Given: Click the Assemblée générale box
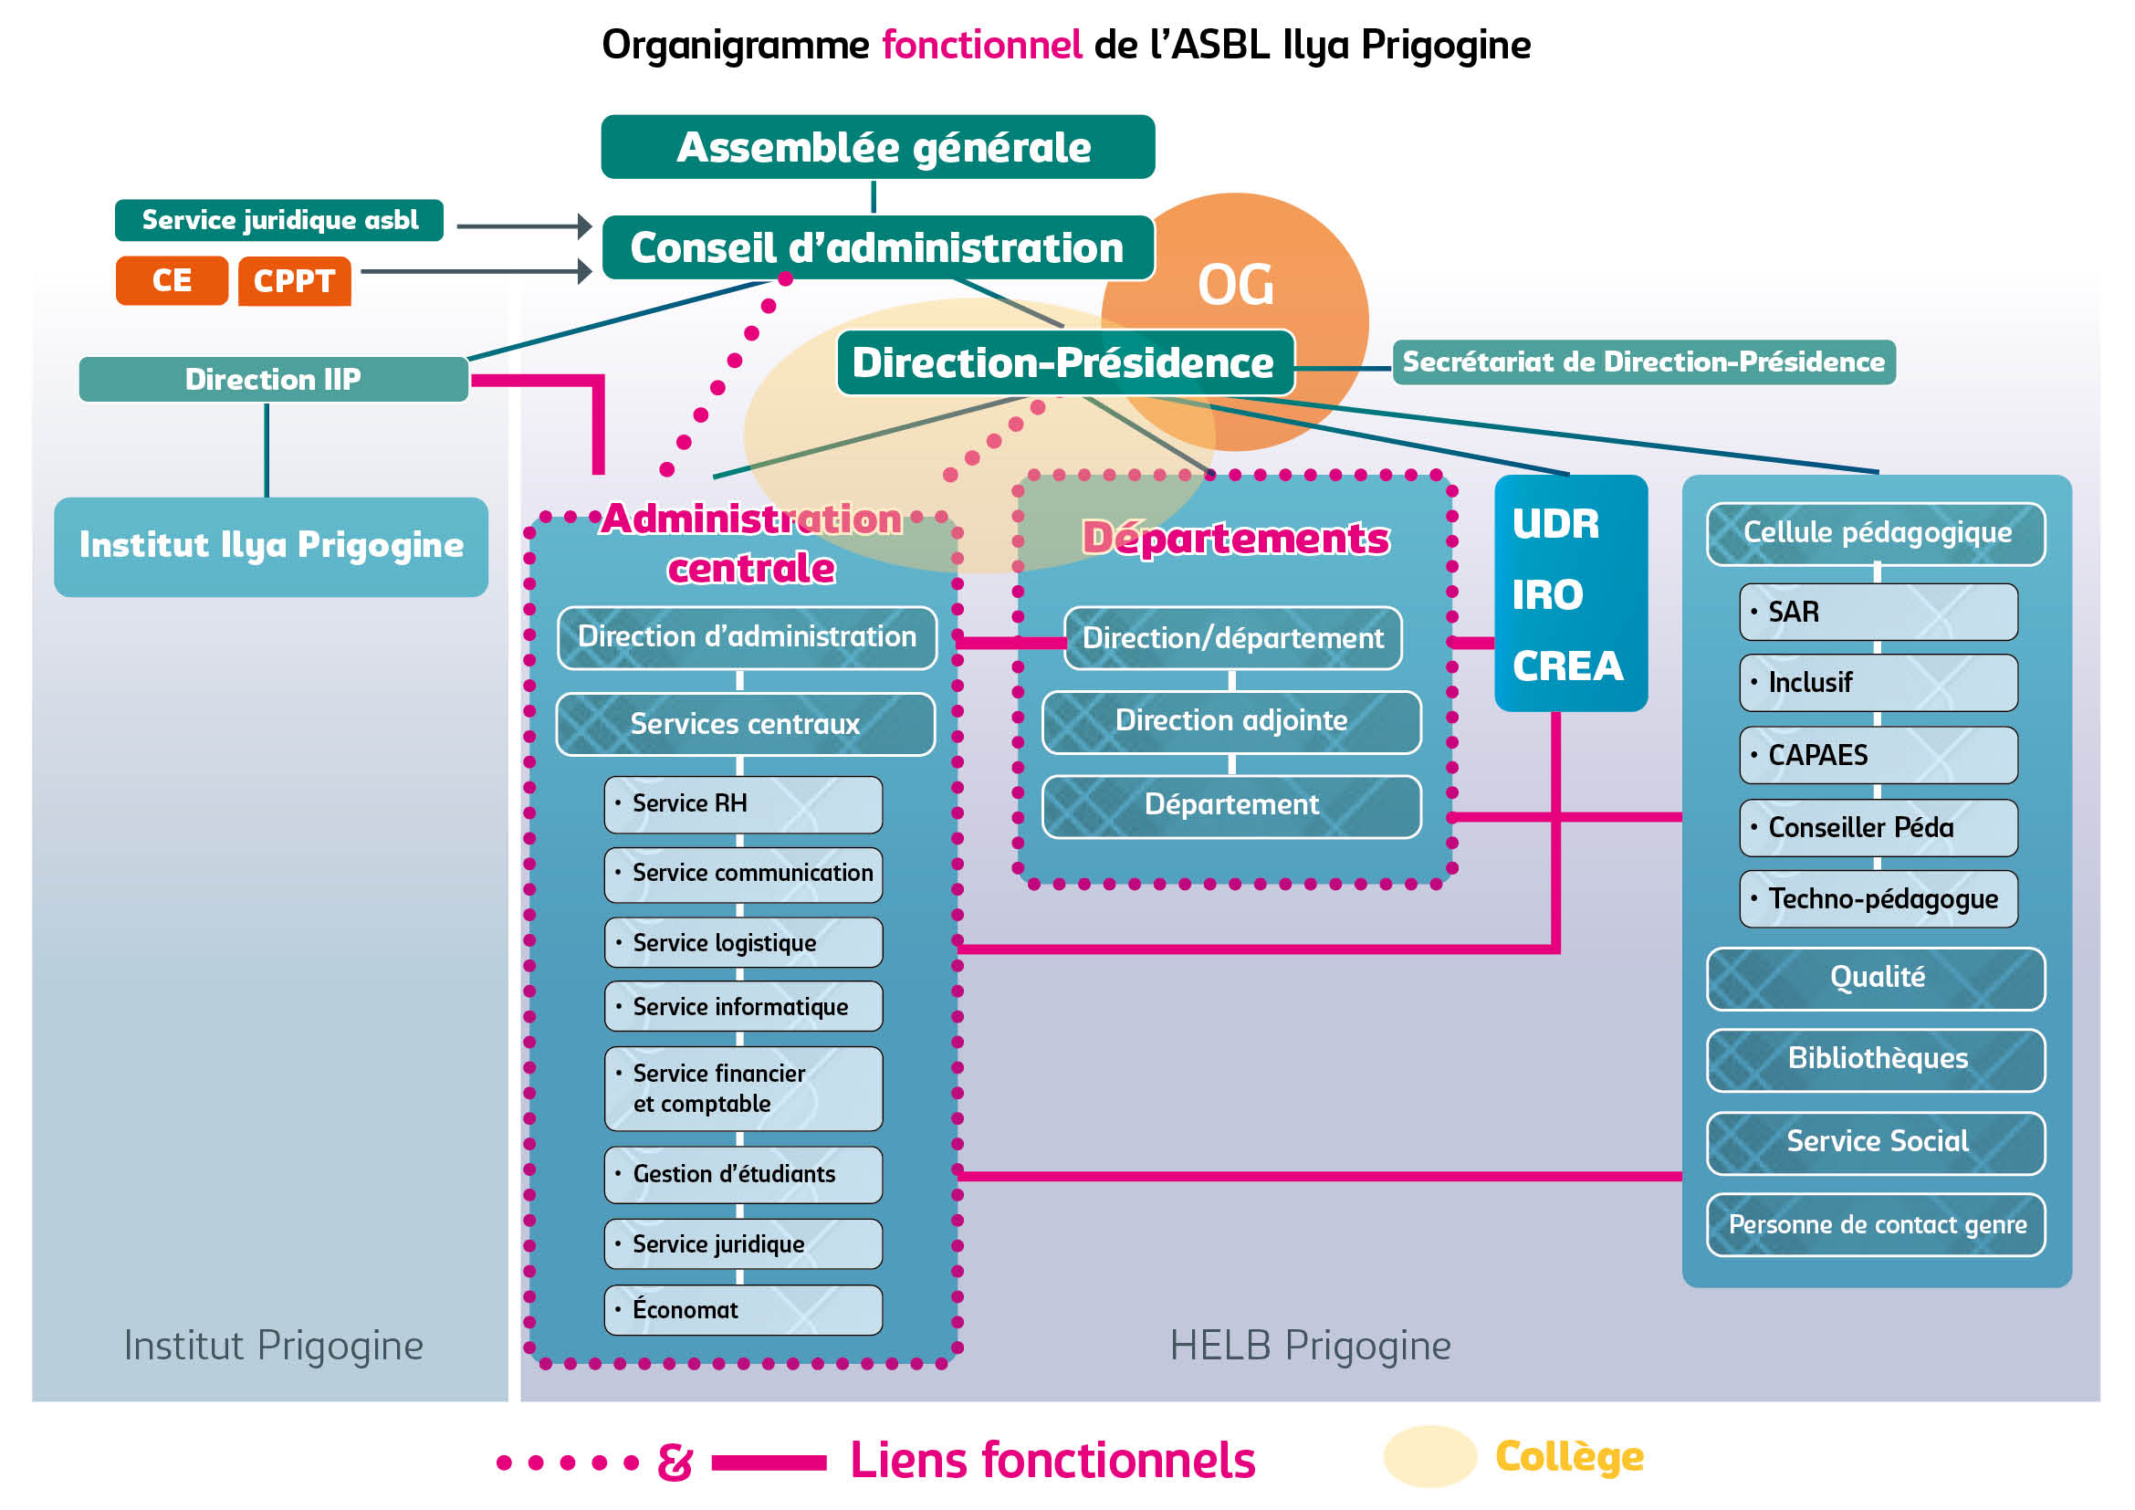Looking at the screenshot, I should (878, 147).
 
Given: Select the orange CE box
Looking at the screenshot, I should (171, 281).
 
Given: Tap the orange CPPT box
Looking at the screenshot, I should (294, 281).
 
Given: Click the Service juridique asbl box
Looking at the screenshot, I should (279, 220).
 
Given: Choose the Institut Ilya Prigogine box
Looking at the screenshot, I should (270, 546).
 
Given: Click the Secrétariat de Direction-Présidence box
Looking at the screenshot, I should (1643, 362).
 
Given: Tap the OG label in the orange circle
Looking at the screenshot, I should (1235, 285).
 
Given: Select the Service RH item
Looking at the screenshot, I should (742, 804).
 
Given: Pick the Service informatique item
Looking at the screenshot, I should (742, 1007).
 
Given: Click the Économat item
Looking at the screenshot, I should (742, 1310).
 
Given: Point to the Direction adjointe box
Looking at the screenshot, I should (1231, 721).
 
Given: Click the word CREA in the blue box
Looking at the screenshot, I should (1568, 666).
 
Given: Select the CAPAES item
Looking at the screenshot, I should (1878, 755).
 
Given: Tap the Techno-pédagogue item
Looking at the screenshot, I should (1878, 899).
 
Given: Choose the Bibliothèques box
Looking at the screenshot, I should (1876, 1059).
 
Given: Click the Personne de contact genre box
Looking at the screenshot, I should (1876, 1224).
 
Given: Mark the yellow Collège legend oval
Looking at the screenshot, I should (1429, 1456).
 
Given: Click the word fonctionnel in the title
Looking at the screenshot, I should (981, 45).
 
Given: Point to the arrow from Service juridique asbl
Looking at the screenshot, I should (525, 225).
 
